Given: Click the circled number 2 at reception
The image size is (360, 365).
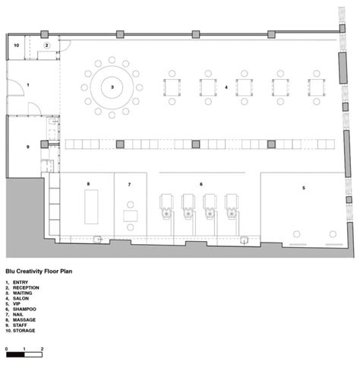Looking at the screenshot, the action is coord(46,46).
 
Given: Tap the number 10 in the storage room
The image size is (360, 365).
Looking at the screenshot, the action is coord(17,46).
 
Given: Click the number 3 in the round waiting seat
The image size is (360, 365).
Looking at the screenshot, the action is coord(112,87).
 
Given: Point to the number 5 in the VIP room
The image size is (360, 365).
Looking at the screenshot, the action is coord(304,188).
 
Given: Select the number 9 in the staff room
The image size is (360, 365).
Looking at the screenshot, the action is coord(28,147).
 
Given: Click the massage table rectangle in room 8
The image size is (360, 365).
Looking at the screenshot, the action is coord(91,207).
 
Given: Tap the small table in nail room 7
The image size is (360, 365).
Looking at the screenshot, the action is coord(131,216).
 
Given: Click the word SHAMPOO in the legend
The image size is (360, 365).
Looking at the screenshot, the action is coord(24,309).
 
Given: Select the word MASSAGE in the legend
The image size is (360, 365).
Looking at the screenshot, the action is coord(24,320).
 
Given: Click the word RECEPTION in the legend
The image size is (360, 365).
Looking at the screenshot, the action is coord(26,287).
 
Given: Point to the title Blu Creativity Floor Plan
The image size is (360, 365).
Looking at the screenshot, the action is coord(39,271).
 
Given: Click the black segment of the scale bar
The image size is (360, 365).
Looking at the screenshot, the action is coord(15,354).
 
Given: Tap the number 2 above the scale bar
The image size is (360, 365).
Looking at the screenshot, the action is coord(42,349).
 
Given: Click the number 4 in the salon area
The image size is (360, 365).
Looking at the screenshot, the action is coord(226,87).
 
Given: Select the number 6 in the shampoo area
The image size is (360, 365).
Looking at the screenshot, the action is coord(201,184).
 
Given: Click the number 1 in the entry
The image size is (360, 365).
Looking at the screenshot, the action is coord(28,85).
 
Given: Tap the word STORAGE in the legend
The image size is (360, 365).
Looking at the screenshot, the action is coord(24,331).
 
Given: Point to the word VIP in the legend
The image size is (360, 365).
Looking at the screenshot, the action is coord(17,303).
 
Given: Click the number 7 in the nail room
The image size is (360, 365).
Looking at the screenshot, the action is coord(129,185).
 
